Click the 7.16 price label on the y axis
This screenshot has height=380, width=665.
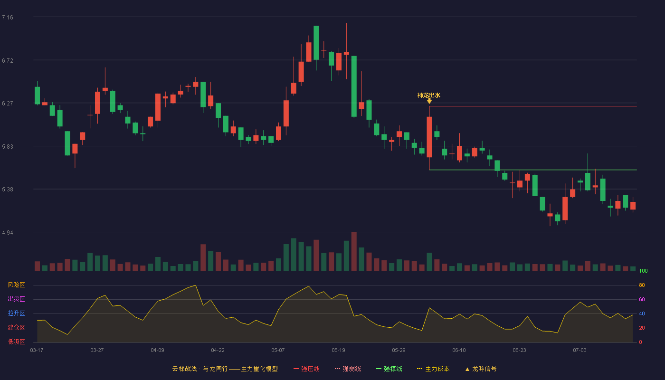tap(8, 18)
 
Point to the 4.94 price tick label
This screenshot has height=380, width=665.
tap(8, 233)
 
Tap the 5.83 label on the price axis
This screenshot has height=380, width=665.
tap(8, 147)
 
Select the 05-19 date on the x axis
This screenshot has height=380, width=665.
tap(338, 351)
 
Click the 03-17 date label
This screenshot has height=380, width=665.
tap(37, 351)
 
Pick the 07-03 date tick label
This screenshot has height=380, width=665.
tap(580, 351)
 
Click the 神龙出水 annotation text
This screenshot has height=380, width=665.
tap(428, 95)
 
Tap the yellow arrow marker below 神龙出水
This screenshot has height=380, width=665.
tap(429, 101)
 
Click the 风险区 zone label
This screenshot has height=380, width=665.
tap(16, 285)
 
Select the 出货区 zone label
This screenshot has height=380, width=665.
tap(16, 299)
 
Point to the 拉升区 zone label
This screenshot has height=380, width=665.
tap(16, 313)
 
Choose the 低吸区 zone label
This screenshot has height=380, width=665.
tap(16, 342)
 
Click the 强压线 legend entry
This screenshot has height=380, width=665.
tap(307, 369)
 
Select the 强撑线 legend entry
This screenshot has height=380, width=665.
tap(389, 369)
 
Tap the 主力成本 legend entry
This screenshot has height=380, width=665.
tap(433, 369)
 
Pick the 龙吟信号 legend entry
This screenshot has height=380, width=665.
tap(481, 369)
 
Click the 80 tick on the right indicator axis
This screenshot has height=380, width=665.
tap(642, 285)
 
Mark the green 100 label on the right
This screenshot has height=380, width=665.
tap(643, 271)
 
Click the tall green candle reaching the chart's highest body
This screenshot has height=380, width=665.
tap(316, 43)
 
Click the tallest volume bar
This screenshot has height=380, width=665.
tap(354, 251)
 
